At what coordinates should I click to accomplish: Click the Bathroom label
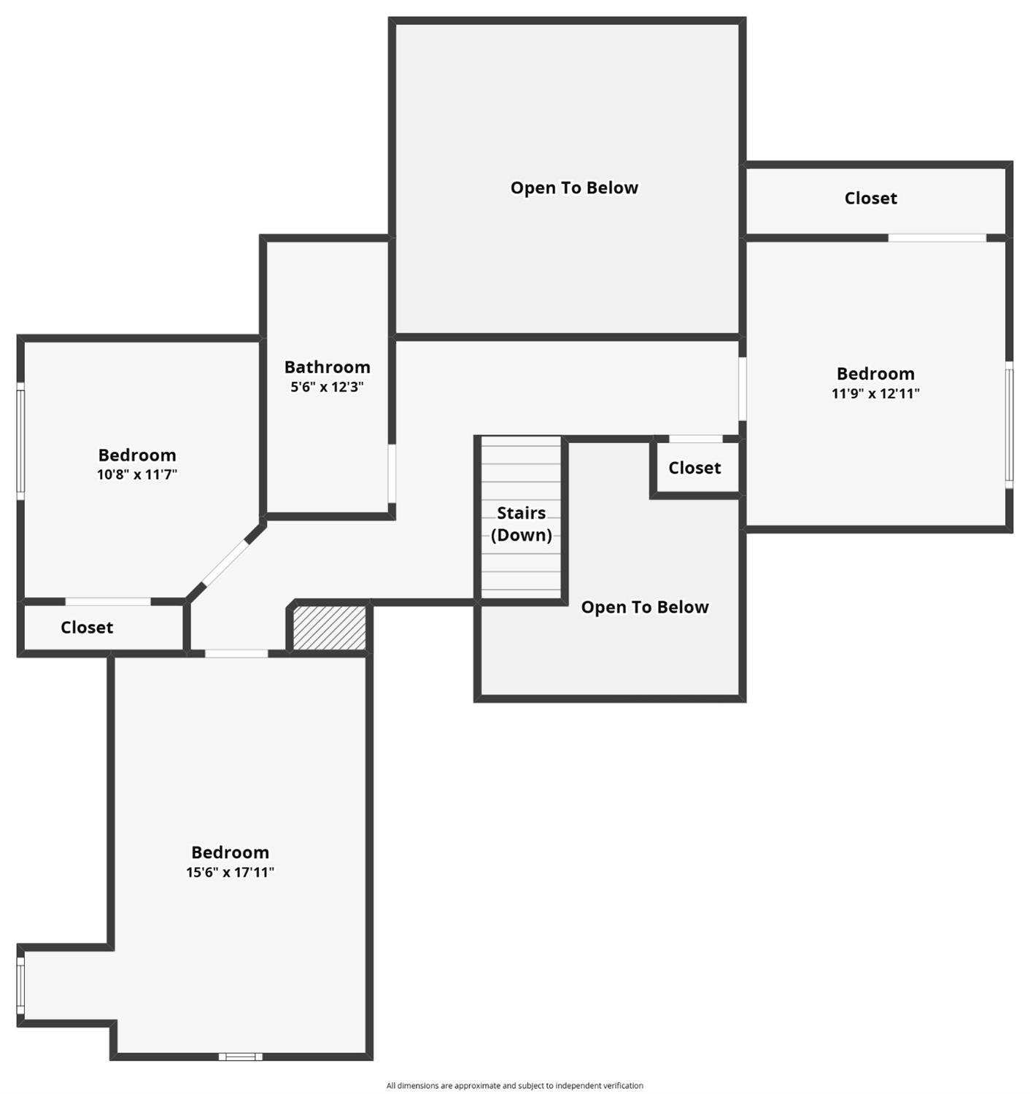coord(327,367)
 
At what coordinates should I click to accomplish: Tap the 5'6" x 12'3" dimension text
coord(327,387)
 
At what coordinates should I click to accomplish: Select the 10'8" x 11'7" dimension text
coord(137,474)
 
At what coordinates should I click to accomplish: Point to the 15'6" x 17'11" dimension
coord(230,871)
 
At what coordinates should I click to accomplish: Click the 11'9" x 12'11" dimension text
coord(875,393)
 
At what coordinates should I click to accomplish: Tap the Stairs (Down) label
coord(521,524)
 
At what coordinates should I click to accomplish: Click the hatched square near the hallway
coord(329,628)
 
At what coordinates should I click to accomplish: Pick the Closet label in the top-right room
coord(870,198)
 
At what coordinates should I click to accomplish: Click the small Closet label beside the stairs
coord(694,468)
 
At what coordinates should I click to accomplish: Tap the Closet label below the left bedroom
coord(87,627)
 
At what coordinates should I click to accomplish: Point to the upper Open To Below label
coord(574,188)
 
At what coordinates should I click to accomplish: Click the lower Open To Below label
coord(644,607)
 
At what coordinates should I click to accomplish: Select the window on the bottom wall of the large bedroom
coord(240,1056)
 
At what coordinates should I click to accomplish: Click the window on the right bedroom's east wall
coord(1010,424)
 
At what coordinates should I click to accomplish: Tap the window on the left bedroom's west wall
coord(20,441)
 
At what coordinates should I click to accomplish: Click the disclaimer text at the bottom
coord(514,1085)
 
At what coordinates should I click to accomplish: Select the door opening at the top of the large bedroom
coord(236,653)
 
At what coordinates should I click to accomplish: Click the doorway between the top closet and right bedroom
coord(937,238)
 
